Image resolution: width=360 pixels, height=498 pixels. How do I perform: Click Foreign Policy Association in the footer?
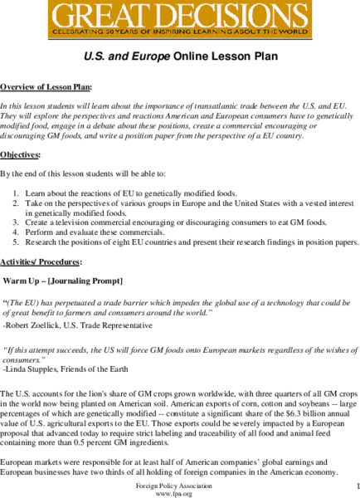179,484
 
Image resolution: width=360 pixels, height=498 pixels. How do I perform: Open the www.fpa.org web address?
179,492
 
